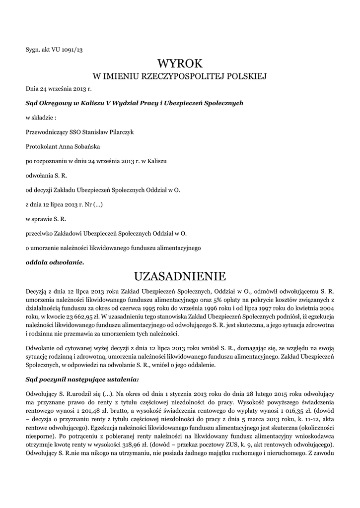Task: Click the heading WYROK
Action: pos(180,63)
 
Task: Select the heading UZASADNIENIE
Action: pos(180,276)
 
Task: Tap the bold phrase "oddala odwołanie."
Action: pos(55,262)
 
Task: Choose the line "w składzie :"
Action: pos(41,118)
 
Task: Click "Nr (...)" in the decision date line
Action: pos(94,204)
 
